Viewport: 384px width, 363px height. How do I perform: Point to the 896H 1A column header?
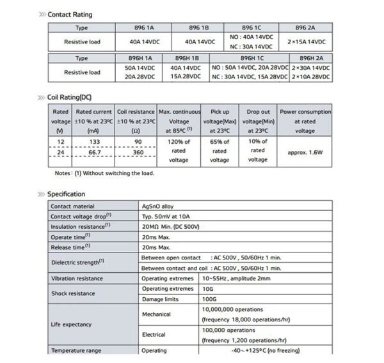click(139, 58)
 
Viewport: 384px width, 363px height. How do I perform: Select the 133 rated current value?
click(94, 141)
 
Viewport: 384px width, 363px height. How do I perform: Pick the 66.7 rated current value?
click(94, 154)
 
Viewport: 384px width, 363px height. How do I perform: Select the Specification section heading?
click(66, 194)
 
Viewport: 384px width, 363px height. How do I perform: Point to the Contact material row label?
click(74, 206)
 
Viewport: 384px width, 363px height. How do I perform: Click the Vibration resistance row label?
click(77, 278)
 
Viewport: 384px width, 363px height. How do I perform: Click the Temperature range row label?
click(76, 350)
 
